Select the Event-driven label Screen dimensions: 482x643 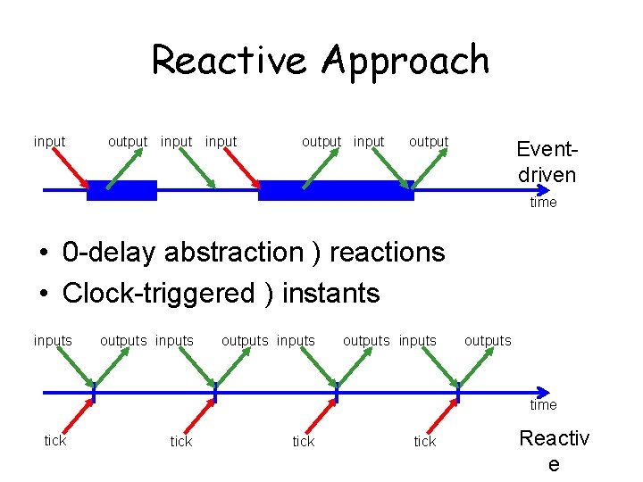547,162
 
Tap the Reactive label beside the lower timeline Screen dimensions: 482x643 554,451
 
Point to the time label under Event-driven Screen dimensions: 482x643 543,203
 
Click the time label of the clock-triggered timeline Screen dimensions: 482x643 543,405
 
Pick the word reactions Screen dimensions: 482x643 387,253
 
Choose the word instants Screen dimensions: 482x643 330,293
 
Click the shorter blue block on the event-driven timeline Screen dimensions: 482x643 121,190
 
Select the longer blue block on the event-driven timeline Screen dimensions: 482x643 336,190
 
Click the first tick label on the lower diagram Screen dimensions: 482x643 55,441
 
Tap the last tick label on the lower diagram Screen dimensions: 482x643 425,442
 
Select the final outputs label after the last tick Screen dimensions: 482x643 488,341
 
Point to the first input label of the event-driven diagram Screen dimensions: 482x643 49,141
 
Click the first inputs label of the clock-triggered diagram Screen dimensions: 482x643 53,341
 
